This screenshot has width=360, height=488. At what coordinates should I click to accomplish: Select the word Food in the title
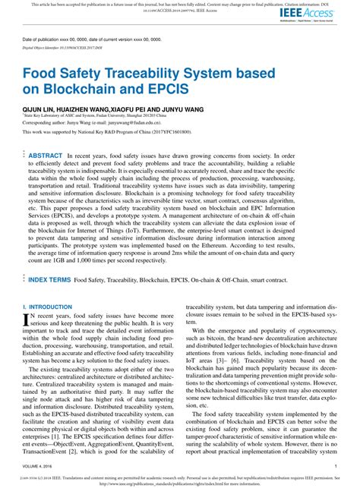(x=43, y=75)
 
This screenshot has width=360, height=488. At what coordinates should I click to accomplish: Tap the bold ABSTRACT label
(x=46, y=154)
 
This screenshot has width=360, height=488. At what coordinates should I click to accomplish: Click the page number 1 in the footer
(x=335, y=466)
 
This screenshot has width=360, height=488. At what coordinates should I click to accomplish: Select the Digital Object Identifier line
(x=65, y=46)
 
